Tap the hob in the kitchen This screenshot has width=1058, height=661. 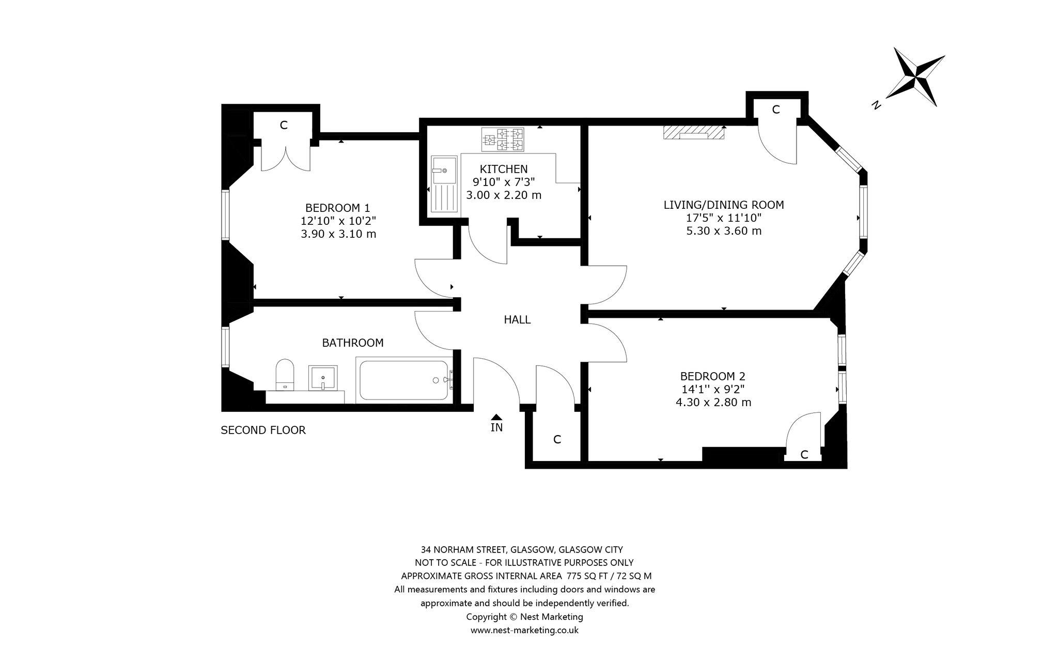(x=503, y=140)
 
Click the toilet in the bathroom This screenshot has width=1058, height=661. (x=285, y=374)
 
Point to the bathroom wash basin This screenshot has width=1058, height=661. (x=323, y=378)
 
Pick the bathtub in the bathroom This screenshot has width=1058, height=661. (x=404, y=380)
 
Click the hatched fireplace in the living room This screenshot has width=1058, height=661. (x=694, y=132)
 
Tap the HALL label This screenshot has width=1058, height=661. (x=517, y=320)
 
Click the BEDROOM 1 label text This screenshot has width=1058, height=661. (x=338, y=208)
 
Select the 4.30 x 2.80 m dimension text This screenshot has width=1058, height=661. (x=713, y=402)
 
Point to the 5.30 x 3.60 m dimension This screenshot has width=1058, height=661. (x=724, y=230)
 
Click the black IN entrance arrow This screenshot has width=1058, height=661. (x=496, y=417)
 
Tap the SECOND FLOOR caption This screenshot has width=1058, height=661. (x=263, y=430)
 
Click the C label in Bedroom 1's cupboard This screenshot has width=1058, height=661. (x=284, y=125)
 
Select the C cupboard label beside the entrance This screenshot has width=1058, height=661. (x=557, y=440)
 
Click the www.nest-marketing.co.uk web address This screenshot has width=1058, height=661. (x=524, y=630)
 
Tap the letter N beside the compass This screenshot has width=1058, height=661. (x=875, y=105)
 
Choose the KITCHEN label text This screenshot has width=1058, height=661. (x=504, y=169)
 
